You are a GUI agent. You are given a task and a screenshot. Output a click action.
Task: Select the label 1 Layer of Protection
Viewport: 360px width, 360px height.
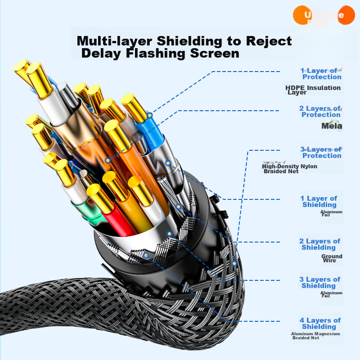click(x=321, y=74)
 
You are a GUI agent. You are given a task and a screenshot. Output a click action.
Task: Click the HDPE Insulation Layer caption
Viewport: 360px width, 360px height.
click(x=313, y=90)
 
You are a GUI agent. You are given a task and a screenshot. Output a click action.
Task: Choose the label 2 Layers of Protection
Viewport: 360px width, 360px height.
click(x=320, y=112)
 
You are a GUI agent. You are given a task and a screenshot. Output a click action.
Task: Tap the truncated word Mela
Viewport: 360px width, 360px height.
click(x=332, y=126)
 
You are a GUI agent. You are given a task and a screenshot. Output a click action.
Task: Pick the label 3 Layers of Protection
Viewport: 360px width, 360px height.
click(x=321, y=153)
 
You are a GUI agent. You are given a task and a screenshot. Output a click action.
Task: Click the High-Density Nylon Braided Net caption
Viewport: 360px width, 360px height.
click(x=289, y=169)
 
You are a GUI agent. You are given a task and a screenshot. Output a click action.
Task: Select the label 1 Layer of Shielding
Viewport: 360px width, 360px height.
click(x=319, y=202)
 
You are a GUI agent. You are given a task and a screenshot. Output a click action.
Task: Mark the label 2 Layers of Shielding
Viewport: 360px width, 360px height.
click(x=319, y=244)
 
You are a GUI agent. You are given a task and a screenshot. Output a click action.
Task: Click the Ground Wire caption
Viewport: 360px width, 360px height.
click(x=332, y=258)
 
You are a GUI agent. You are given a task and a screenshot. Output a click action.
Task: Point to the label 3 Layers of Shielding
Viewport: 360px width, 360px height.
click(x=319, y=283)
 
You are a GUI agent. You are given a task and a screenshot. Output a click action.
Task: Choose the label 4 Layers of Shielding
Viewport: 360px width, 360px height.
click(x=319, y=324)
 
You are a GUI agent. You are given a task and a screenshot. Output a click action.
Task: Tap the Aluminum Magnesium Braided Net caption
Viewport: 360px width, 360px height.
click(x=315, y=336)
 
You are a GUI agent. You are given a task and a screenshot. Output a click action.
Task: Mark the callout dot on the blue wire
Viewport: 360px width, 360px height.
click(x=150, y=115)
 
